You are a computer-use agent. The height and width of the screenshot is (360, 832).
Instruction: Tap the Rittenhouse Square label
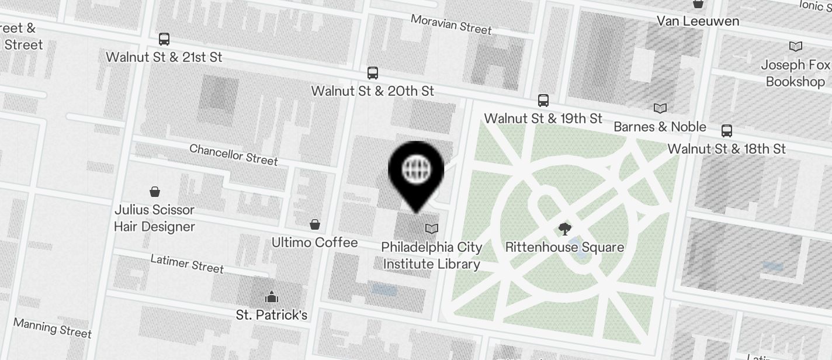click(564, 247)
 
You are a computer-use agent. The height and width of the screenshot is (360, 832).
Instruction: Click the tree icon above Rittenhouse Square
click(565, 229)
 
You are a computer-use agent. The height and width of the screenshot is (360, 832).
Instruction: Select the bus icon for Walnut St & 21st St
click(164, 39)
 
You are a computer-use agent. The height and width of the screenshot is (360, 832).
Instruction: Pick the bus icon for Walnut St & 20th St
click(372, 73)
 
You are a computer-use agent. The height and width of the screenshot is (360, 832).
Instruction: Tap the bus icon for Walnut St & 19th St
click(543, 101)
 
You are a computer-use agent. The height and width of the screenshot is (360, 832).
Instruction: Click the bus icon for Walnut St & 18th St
click(727, 130)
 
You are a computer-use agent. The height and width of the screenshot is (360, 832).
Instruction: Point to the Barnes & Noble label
click(660, 127)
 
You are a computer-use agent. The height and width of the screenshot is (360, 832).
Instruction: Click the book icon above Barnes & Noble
click(660, 108)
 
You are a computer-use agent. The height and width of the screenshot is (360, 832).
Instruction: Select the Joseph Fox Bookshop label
click(795, 73)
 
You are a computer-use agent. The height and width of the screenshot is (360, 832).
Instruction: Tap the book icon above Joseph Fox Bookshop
click(795, 46)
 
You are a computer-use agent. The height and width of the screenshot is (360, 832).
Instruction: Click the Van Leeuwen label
click(698, 21)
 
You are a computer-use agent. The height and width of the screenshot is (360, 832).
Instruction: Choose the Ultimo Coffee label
click(314, 242)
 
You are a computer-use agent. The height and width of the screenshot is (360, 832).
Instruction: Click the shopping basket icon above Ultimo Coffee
click(314, 224)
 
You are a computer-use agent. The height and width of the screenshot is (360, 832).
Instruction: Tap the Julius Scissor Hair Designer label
click(154, 218)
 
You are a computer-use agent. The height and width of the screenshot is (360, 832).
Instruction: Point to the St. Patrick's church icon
click(271, 297)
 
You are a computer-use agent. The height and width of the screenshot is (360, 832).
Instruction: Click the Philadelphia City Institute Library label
click(431, 255)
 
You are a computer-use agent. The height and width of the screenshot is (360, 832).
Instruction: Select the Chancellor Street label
click(233, 154)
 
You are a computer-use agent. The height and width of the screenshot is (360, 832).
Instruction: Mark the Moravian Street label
click(451, 24)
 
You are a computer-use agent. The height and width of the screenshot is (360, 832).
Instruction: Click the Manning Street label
click(52, 328)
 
